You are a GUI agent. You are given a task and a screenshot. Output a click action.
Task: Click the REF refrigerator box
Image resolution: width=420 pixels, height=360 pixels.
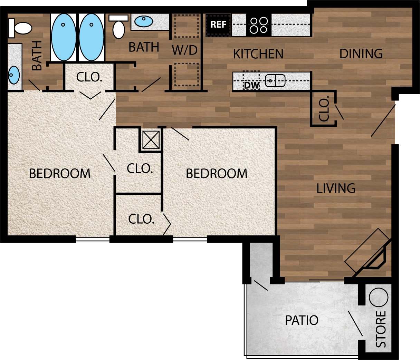coord(218,25)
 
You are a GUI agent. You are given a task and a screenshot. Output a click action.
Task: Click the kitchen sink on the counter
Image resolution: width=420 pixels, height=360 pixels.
coord(275,81)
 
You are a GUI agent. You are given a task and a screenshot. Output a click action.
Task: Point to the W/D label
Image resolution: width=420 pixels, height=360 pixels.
coord(184,50)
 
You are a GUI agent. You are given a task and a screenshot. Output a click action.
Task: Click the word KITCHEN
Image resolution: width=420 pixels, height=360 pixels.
coord(258,54)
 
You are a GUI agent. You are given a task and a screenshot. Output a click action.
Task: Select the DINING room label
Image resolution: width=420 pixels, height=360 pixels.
coord(361,54)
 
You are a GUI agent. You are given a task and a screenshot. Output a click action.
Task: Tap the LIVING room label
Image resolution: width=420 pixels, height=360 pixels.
coord(336,188)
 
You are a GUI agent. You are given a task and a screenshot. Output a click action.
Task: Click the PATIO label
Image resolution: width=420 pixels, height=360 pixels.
coord(302,320)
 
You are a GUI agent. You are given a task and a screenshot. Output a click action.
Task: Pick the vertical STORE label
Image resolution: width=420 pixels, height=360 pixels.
coord(381,329)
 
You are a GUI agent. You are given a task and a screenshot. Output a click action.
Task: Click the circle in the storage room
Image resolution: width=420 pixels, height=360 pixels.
coord(379,297)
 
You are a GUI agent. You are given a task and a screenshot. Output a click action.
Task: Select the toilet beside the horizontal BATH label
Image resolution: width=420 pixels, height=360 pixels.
coord(118,28)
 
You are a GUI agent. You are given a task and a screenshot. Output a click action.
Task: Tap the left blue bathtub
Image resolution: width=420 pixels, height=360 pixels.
coord(64,37)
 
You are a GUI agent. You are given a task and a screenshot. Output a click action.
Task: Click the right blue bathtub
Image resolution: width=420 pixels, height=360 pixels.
coord(92,37)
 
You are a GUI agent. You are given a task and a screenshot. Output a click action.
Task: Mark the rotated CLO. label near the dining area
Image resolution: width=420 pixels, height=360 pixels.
coord(324,109)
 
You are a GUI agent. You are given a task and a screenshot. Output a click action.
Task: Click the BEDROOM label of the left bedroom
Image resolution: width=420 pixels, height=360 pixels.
coord(59,173)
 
